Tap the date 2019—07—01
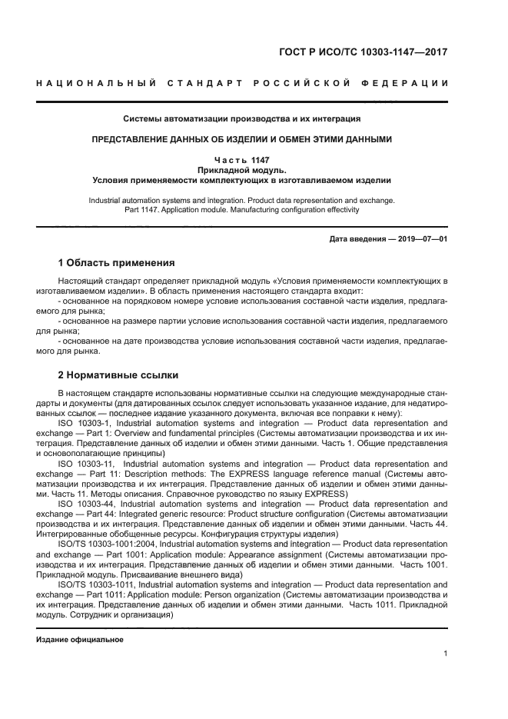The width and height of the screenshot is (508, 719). pos(421,239)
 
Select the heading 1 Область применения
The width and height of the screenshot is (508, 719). pos(117,263)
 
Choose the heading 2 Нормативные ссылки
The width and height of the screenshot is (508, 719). pos(119,375)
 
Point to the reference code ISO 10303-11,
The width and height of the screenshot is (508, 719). pos(86,464)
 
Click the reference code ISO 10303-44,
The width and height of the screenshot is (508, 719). pos(86,504)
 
